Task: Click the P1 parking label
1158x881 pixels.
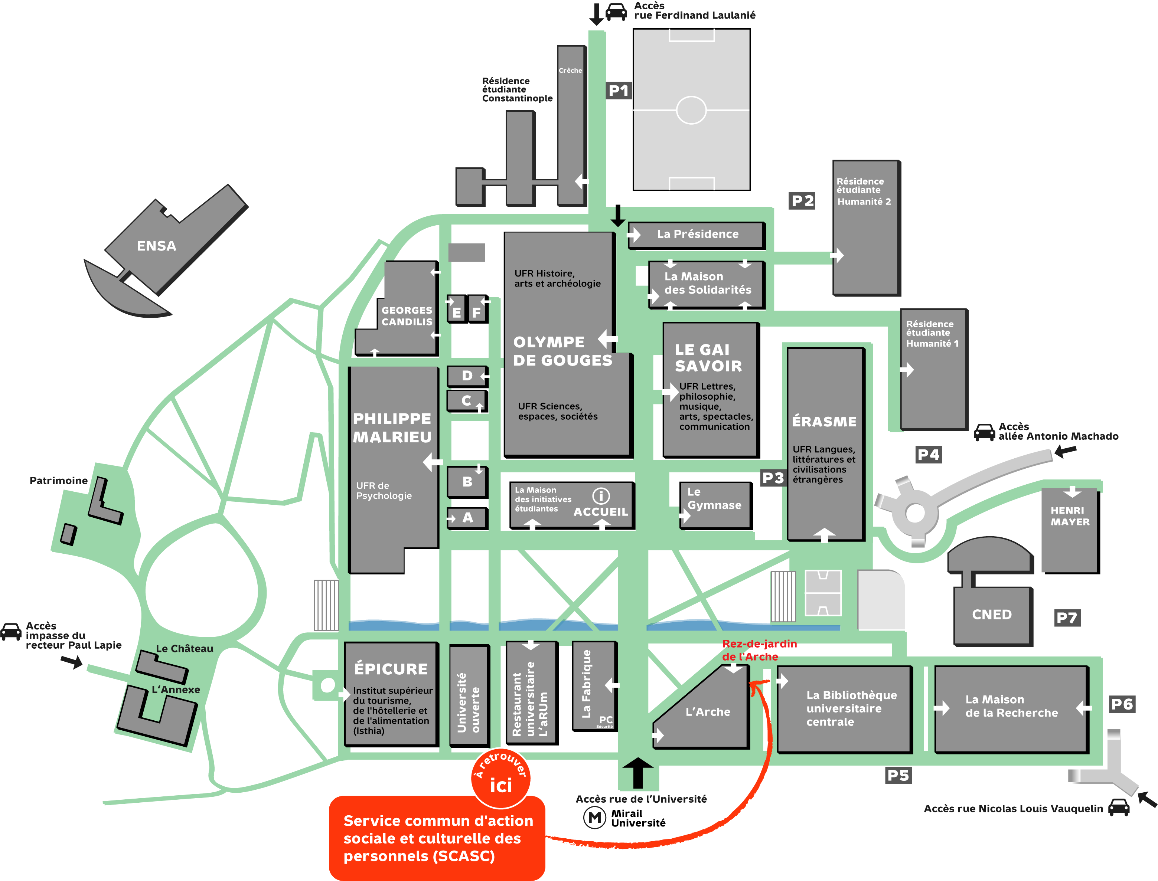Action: click(618, 91)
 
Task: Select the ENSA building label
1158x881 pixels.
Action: click(156, 246)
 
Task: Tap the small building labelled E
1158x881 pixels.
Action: click(457, 312)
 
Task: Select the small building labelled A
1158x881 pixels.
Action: click(467, 518)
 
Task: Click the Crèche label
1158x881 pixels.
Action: click(570, 70)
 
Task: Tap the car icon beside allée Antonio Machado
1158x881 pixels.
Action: click(984, 432)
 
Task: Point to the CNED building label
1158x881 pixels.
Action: click(992, 614)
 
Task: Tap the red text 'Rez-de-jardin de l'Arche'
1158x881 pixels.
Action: click(759, 650)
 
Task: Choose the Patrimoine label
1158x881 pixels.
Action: click(58, 480)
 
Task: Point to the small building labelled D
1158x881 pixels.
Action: click(467, 376)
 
